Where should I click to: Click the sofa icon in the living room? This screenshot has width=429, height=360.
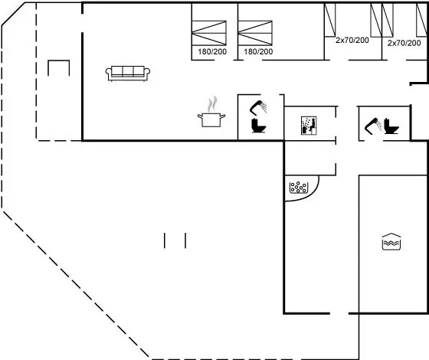(128, 74)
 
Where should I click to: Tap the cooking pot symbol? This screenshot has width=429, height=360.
(211, 120)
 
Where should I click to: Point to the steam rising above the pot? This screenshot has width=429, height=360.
(212, 104)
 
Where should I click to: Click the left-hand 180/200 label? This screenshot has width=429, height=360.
(212, 51)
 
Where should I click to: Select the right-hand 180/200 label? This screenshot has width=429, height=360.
(258, 51)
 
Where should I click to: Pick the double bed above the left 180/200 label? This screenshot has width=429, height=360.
(209, 33)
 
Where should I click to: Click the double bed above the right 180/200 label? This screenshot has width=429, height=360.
(255, 33)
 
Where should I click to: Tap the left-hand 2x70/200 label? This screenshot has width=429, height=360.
(352, 40)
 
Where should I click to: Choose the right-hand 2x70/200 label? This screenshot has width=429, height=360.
(404, 43)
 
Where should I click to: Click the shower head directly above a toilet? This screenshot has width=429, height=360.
(258, 107)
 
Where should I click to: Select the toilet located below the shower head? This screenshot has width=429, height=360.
(259, 126)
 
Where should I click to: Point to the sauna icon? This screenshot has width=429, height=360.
(309, 126)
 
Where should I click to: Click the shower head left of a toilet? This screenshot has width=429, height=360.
(373, 126)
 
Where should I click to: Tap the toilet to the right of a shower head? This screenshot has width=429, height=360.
(391, 126)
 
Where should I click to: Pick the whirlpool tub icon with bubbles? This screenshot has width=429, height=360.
(299, 188)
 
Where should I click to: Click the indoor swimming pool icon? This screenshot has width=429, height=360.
(391, 241)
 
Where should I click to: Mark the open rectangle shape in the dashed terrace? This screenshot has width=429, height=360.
(59, 61)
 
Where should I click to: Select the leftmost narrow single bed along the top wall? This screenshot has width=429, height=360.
(330, 20)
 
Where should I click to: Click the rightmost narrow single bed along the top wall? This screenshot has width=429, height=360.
(421, 20)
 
